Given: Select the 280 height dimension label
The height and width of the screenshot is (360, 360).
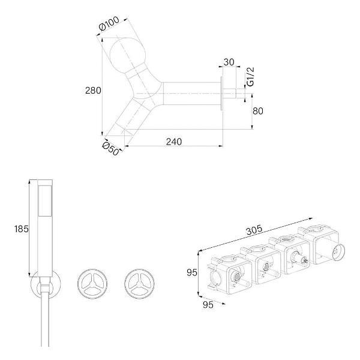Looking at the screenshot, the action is point(93,91).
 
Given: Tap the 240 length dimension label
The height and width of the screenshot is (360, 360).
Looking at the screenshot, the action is point(174,142).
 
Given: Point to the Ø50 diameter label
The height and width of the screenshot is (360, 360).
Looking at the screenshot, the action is point(110,149).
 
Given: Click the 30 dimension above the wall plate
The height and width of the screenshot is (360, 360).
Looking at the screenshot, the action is point(229,62).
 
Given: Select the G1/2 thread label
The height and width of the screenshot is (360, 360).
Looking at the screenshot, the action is point(250,77).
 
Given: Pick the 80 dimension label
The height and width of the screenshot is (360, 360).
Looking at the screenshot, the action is point(258,111).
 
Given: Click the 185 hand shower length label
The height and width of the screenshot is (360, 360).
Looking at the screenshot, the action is point(22,229).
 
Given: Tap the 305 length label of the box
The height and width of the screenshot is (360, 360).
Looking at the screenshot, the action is point(254,230).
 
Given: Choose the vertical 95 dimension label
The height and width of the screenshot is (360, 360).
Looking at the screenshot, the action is point(192,272).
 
